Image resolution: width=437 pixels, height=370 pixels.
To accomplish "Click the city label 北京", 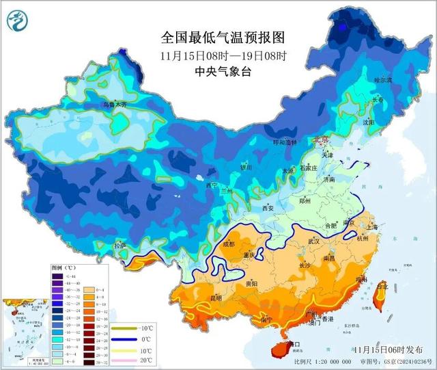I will pyautogui.click(x=320, y=140).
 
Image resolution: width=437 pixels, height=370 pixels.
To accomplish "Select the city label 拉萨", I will pyautogui.click(x=120, y=246).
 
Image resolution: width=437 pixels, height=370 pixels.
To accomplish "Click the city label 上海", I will pyautogui.click(x=372, y=228).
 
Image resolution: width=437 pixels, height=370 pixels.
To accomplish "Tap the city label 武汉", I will pyautogui.click(x=315, y=241).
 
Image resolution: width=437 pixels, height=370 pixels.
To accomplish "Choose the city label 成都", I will pyautogui.click(x=227, y=243).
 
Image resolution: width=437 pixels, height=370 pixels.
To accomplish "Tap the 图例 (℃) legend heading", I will pyautogui.click(x=66, y=267).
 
